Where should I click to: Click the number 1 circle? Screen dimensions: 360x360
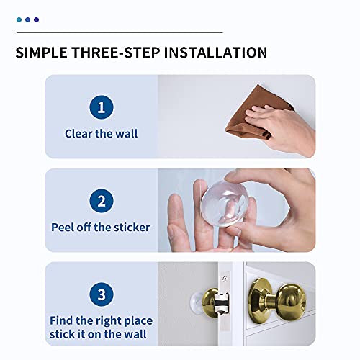coord(102,109)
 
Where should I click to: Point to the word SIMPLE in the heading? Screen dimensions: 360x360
coord(42,53)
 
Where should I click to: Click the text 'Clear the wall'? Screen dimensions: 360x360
coord(101,133)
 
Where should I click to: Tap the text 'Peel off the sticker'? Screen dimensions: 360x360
coord(101,227)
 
